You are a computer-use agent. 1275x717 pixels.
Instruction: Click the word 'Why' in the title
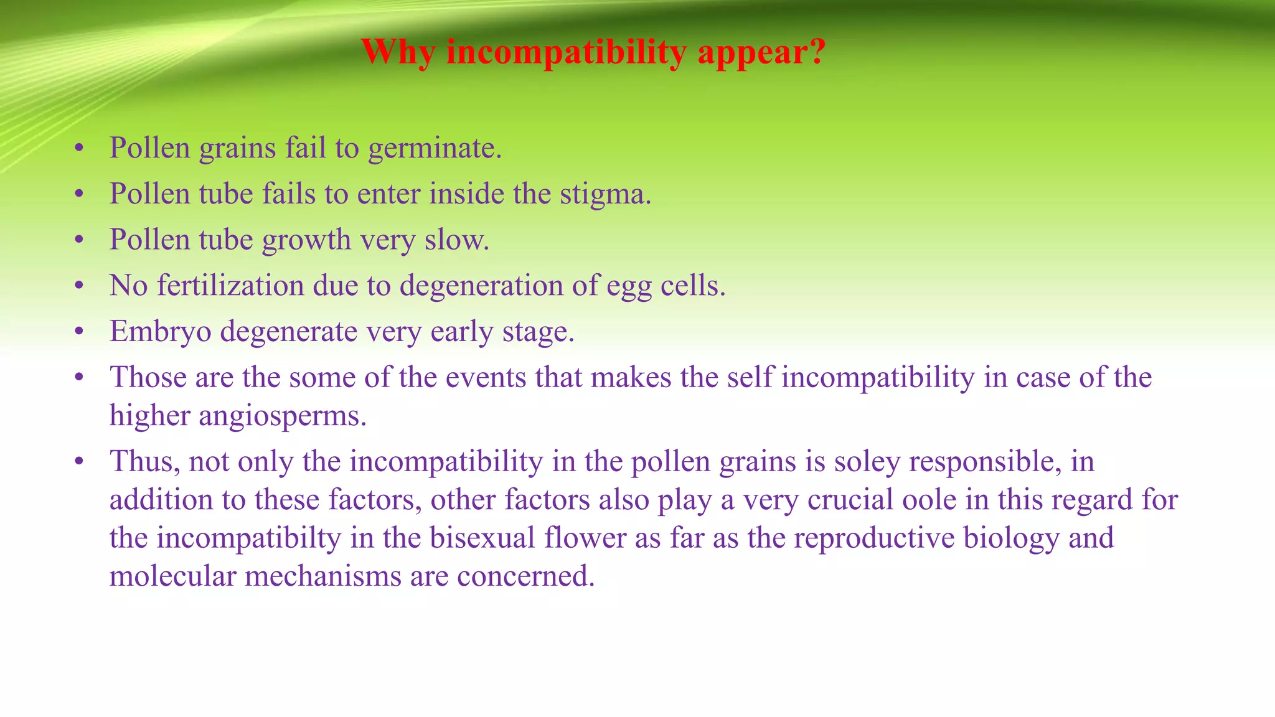coord(397,52)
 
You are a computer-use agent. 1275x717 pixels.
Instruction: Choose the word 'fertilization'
coord(230,286)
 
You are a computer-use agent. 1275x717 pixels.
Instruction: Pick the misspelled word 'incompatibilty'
coord(248,538)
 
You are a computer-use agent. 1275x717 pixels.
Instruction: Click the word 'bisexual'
coord(482,538)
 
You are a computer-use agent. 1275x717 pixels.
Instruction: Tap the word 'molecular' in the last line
coord(172,576)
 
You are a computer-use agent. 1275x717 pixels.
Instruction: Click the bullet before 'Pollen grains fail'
coord(78,149)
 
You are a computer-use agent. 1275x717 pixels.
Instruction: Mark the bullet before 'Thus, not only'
coord(78,462)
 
